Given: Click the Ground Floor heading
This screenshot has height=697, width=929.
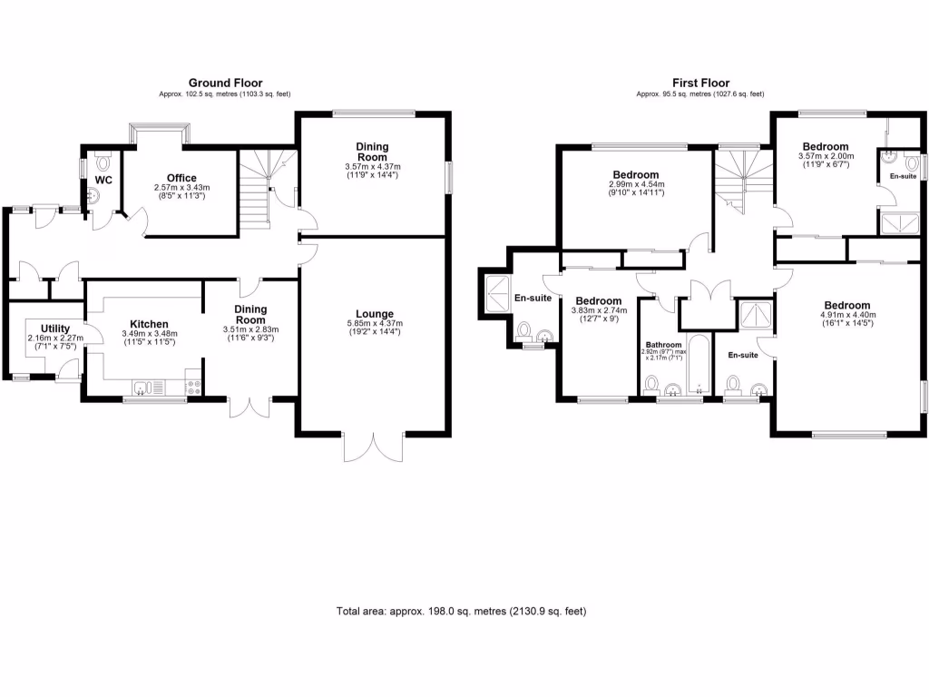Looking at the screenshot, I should pyautogui.click(x=225, y=83).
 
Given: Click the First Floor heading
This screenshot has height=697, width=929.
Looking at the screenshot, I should pyautogui.click(x=700, y=83).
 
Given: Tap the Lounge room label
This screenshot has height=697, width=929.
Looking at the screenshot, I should pyautogui.click(x=375, y=314).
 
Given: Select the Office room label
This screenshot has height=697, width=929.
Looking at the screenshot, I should pyautogui.click(x=181, y=178).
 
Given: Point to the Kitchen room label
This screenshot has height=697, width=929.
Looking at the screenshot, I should pyautogui.click(x=149, y=324).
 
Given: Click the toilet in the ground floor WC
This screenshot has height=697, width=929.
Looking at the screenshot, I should pyautogui.click(x=102, y=162).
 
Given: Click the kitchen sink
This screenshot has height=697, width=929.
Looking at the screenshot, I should pyautogui.click(x=143, y=388).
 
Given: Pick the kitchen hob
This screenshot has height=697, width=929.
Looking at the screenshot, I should pyautogui.click(x=192, y=388).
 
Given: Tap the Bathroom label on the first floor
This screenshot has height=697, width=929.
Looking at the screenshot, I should pyautogui.click(x=662, y=345).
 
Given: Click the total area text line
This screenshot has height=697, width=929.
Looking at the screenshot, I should pyautogui.click(x=461, y=612).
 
